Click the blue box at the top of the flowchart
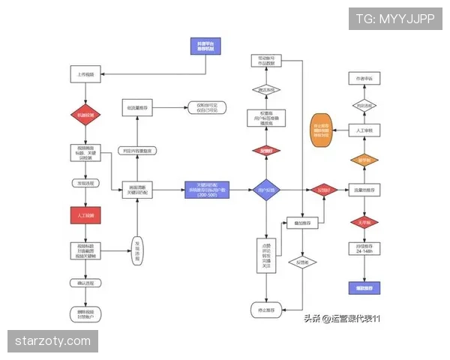click(x=205, y=46)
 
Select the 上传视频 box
click(x=84, y=75)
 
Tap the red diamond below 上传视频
click(x=84, y=114)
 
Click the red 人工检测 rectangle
click(x=84, y=215)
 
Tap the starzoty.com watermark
click(x=53, y=342)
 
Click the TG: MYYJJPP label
click(x=395, y=19)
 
